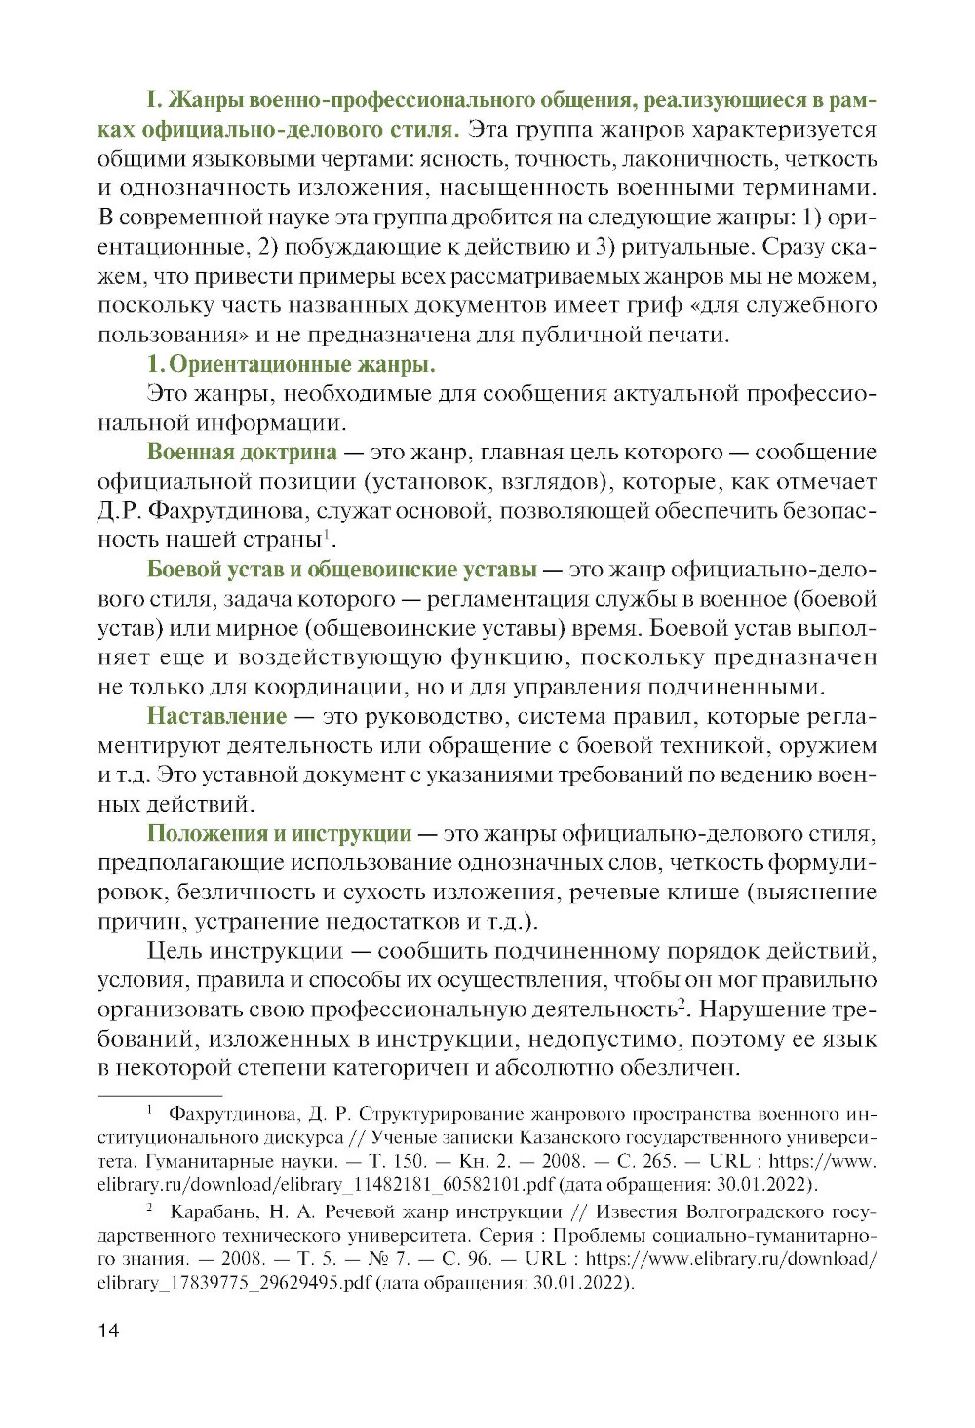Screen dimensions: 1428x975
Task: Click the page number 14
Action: pyautogui.click(x=108, y=1330)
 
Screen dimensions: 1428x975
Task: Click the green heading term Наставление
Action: pyautogui.click(x=216, y=716)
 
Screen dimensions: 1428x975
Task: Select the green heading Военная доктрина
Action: pyautogui.click(x=242, y=452)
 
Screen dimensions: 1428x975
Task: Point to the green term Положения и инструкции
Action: pyautogui.click(x=279, y=833)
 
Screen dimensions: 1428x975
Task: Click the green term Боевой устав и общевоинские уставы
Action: pyautogui.click(x=341, y=569)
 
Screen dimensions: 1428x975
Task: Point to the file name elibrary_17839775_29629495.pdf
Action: pyautogui.click(x=234, y=1283)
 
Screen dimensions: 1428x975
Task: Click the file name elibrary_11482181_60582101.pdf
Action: pyautogui.click(x=326, y=1185)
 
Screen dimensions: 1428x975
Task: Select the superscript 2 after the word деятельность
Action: pyautogui.click(x=683, y=1003)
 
